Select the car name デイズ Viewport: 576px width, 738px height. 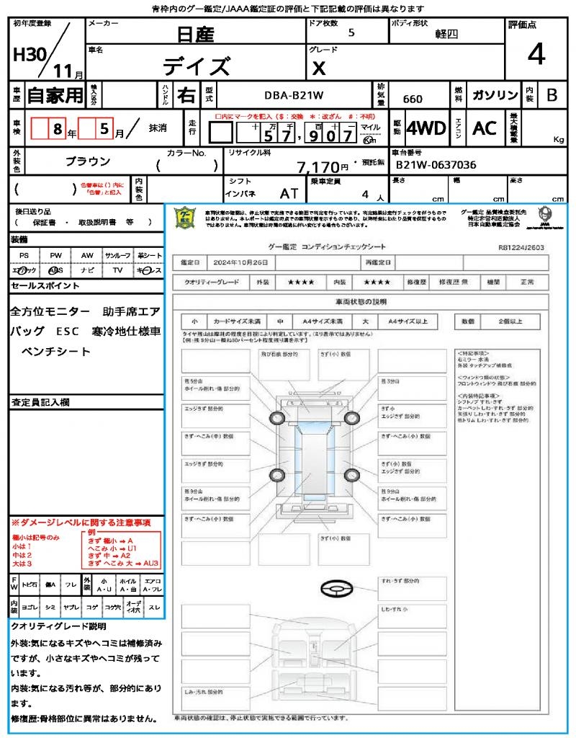click(x=196, y=66)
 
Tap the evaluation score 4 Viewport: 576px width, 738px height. click(x=535, y=55)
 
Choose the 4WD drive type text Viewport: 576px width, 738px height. click(x=426, y=128)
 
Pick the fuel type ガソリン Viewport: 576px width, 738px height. click(x=494, y=95)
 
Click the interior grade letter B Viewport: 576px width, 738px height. click(x=552, y=95)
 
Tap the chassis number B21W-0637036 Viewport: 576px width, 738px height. click(x=436, y=165)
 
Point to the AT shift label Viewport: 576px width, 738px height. click(x=289, y=193)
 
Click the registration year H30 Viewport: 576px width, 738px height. click(x=30, y=55)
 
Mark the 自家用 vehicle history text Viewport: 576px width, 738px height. click(x=55, y=95)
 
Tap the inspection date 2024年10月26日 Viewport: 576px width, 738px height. click(x=244, y=263)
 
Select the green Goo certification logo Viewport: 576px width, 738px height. click(x=186, y=217)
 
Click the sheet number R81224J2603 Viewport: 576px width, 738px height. click(x=521, y=246)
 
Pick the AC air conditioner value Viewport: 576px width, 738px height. click(x=485, y=128)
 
